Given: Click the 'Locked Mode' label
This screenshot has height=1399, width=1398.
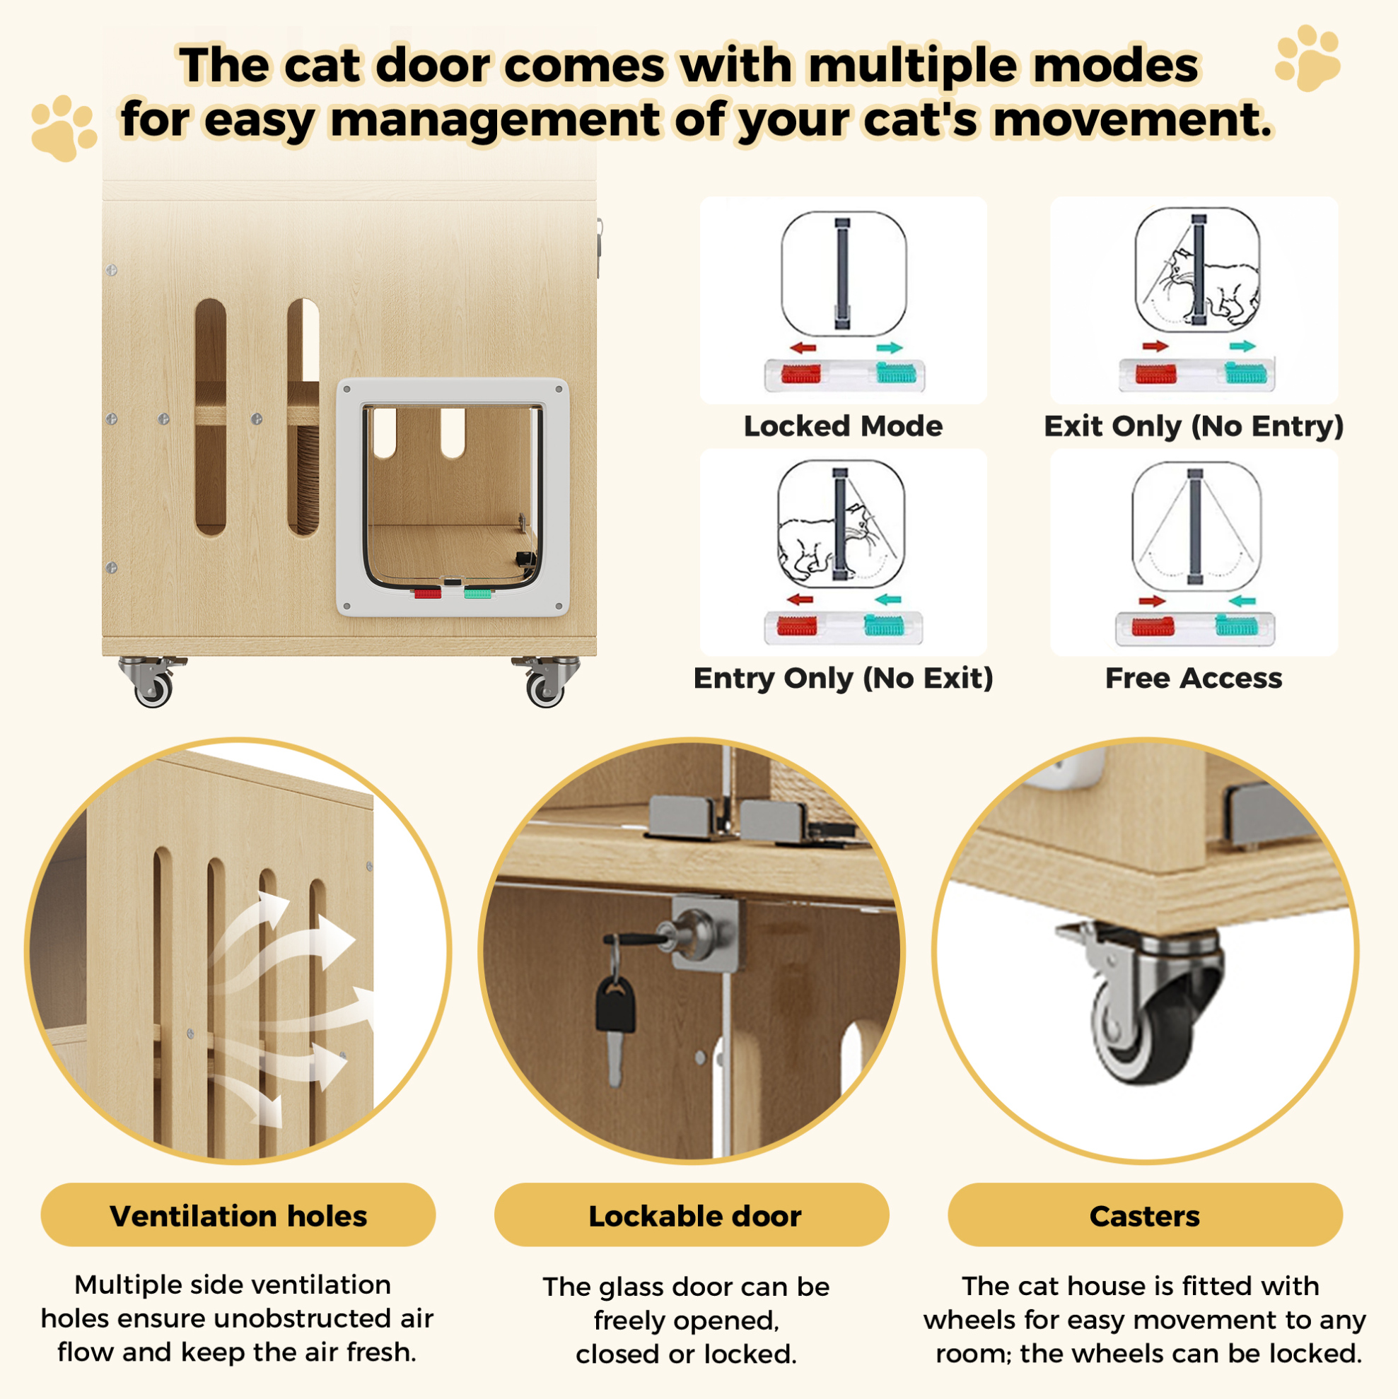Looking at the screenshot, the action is [843, 426].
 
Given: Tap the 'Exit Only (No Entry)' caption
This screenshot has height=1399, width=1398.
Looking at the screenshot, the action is [1194, 426].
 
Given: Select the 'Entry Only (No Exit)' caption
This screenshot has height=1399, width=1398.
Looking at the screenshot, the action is [843, 678].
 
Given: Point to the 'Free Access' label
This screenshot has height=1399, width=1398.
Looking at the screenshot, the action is [1194, 678].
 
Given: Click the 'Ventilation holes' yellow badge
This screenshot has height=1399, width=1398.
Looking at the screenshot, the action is [238, 1216].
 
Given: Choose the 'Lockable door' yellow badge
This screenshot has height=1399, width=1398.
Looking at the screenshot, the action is [692, 1216].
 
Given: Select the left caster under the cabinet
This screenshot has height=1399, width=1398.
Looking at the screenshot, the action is [152, 681].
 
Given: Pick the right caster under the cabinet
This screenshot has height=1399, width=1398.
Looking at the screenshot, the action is [546, 681].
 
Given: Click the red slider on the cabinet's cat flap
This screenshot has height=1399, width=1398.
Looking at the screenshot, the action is [427, 594].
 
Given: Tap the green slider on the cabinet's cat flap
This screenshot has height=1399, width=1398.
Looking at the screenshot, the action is [477, 594].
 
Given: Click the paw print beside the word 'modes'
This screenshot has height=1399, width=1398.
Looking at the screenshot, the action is [1307, 58].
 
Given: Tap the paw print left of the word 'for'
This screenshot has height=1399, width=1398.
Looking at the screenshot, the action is [64, 128].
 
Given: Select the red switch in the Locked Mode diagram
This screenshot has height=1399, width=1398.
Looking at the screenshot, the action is [801, 375].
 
